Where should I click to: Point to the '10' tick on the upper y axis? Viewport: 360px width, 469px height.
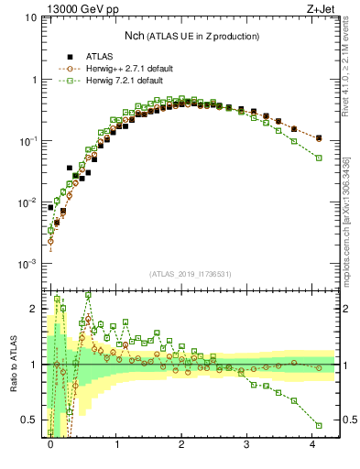point(30,18)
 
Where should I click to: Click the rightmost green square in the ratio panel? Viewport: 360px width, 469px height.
point(319,425)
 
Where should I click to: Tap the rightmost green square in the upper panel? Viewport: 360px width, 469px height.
point(319,158)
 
